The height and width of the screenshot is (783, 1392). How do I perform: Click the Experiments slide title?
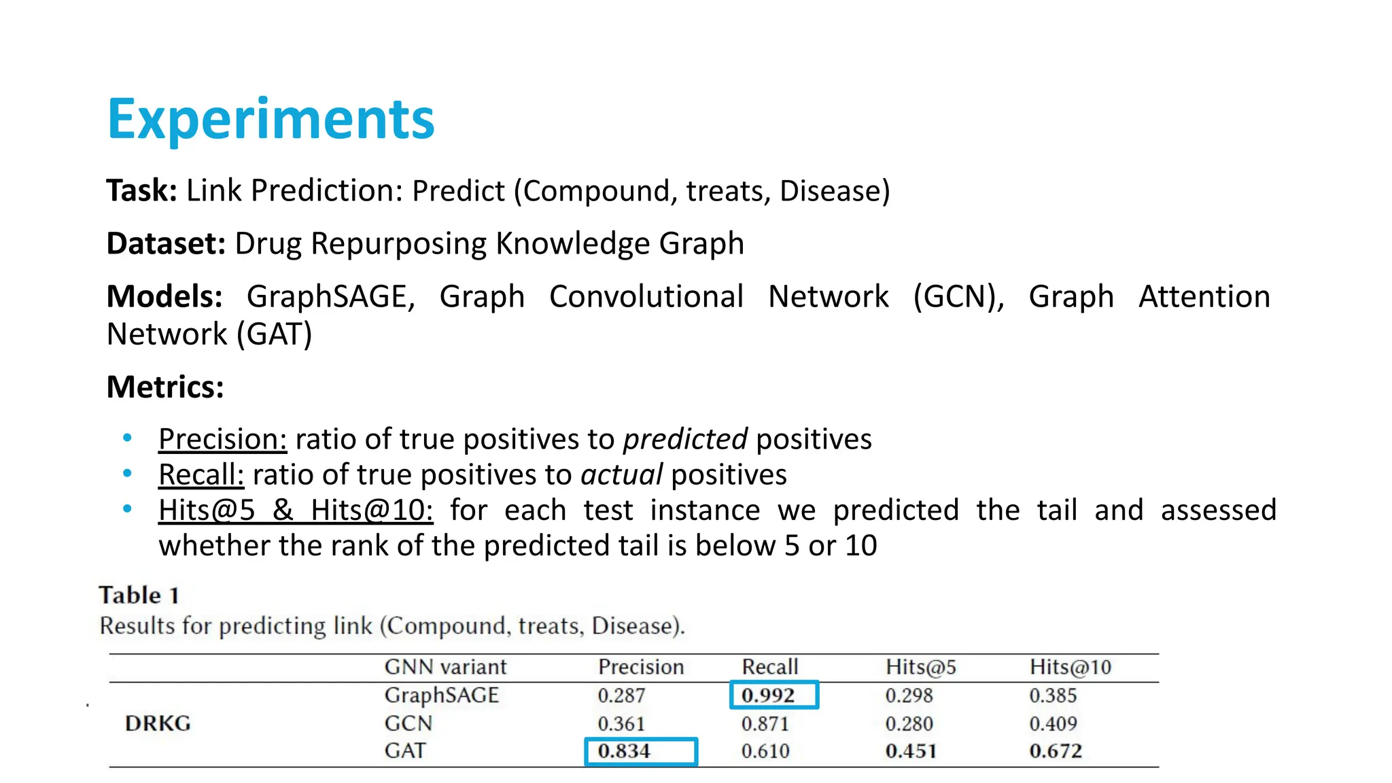[271, 120]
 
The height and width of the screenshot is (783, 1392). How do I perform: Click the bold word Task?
[141, 191]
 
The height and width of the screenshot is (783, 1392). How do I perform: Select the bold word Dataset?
[166, 244]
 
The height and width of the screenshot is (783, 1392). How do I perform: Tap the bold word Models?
[164, 297]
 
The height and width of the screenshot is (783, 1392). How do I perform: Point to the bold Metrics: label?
[165, 387]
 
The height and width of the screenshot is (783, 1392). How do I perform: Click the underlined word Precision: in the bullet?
[222, 440]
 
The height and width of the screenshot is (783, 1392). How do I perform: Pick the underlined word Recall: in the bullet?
[201, 475]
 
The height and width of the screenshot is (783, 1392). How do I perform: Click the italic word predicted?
[685, 440]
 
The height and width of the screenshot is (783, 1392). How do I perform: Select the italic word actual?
[621, 475]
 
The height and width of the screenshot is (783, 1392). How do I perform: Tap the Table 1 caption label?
[139, 595]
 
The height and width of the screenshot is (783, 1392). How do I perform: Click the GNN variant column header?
[445, 667]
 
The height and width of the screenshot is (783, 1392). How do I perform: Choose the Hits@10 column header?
[1070, 667]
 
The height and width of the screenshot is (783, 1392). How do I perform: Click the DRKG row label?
[158, 723]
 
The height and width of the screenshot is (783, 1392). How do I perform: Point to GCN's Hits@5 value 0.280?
[909, 724]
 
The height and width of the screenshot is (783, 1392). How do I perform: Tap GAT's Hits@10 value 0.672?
[1055, 751]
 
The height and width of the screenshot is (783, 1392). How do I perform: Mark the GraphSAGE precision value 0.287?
[621, 696]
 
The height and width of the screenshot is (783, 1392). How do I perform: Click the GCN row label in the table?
[408, 723]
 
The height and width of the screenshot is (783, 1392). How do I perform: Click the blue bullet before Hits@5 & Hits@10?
[127, 509]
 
